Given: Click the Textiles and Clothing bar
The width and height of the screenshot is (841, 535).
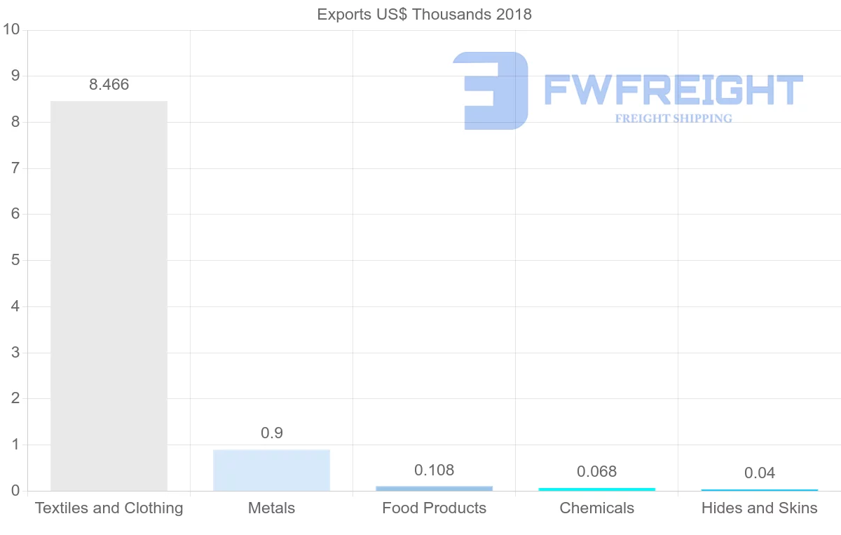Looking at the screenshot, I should (x=109, y=296).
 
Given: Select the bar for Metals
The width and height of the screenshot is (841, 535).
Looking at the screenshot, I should (x=271, y=470).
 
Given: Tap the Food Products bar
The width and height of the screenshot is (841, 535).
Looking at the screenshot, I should (x=434, y=488).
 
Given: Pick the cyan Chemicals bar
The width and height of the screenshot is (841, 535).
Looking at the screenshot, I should (x=596, y=489).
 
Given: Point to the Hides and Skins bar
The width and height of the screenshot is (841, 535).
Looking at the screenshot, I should (x=759, y=489).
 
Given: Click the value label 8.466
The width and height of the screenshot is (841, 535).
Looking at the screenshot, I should (x=109, y=85).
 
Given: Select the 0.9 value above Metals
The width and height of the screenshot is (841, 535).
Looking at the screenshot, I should (x=271, y=433).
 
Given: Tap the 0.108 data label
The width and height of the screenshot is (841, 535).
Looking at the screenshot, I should (x=434, y=470).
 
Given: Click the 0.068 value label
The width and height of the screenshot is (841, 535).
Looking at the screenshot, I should (x=596, y=472).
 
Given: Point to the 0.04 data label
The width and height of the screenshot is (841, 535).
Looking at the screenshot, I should (x=759, y=473).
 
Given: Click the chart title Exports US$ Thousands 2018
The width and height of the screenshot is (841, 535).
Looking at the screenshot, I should (x=424, y=14).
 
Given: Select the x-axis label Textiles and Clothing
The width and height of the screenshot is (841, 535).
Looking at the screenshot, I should (x=109, y=508).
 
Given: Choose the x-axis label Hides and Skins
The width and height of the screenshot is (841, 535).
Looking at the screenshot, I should (x=759, y=508).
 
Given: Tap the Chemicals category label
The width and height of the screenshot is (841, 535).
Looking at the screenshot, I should (x=596, y=508).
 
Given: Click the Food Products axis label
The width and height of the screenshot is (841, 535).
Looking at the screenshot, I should (x=434, y=508).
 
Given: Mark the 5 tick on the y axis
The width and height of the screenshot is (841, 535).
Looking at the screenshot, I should (x=15, y=260).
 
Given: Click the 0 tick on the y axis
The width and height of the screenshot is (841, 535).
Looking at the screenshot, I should (x=15, y=491).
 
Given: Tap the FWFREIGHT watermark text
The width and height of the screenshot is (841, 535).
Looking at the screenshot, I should (x=673, y=90).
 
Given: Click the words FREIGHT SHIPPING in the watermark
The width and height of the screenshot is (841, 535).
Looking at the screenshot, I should (x=673, y=118).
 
